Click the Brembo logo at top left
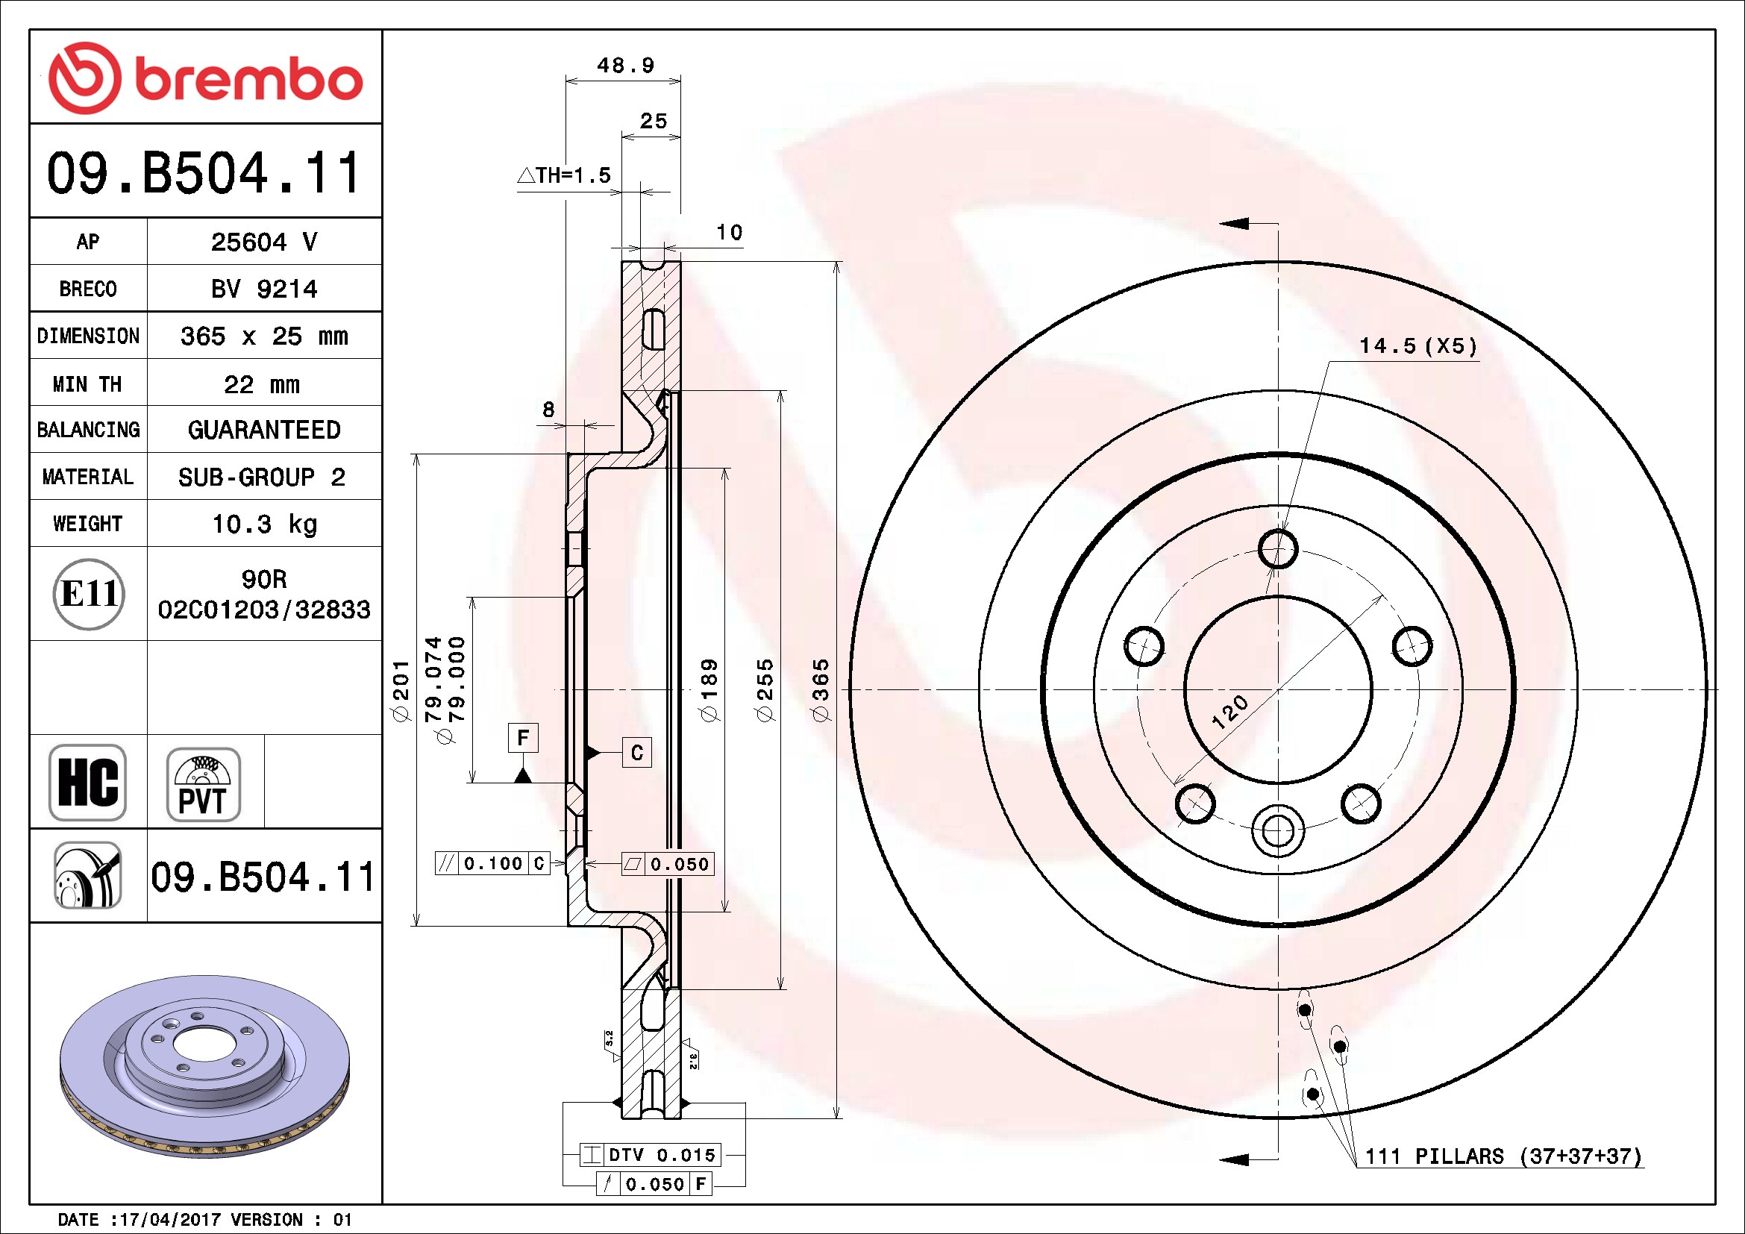[x=205, y=78]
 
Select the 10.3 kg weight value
[x=265, y=524]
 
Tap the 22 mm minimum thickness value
[x=262, y=384]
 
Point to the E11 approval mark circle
[x=89, y=593]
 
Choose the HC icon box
[x=87, y=782]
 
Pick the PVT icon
[x=204, y=784]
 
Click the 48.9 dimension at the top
[x=625, y=66]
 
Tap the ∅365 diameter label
[x=821, y=691]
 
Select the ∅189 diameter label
[x=708, y=691]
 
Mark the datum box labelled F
[x=523, y=737]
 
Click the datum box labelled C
[x=637, y=752]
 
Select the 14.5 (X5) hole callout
[x=1418, y=346]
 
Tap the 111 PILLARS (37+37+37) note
[x=1503, y=1156]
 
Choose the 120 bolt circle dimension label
[x=1229, y=712]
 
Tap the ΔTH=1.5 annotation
[x=564, y=175]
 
